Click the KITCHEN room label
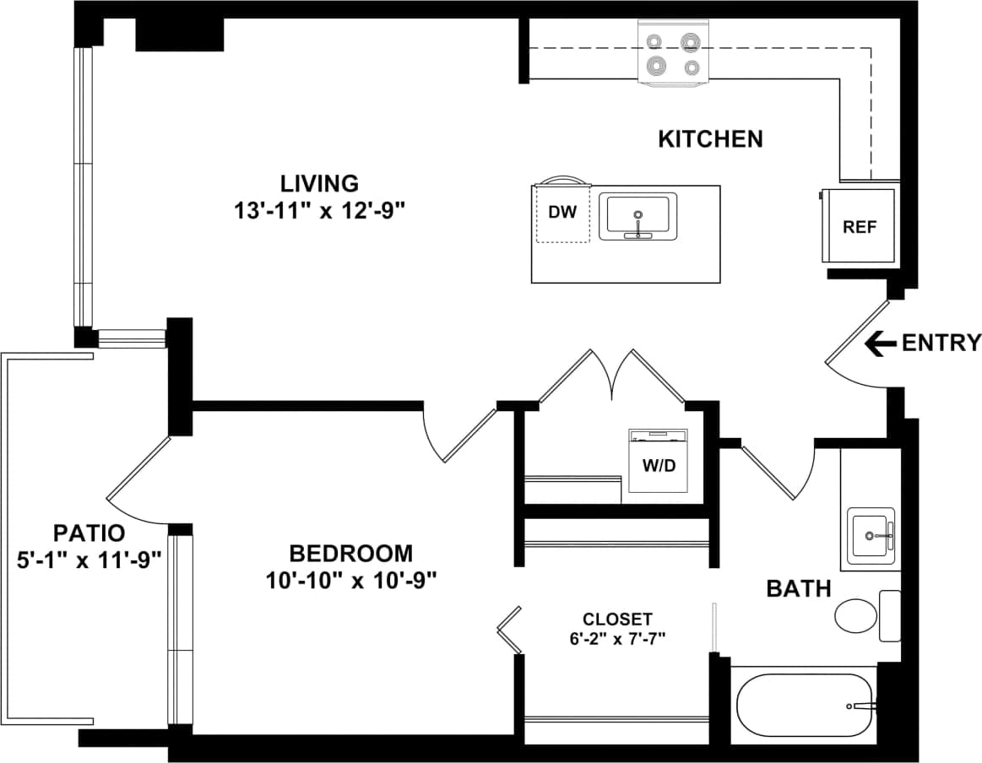(x=710, y=138)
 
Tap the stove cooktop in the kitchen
(x=672, y=54)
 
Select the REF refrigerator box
(x=860, y=226)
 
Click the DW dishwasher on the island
(x=562, y=213)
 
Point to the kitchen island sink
(x=638, y=217)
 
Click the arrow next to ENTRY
(x=881, y=343)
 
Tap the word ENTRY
(x=941, y=343)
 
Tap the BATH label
(x=798, y=588)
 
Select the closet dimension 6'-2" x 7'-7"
(x=617, y=637)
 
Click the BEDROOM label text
(x=350, y=554)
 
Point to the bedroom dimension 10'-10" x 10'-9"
(x=350, y=581)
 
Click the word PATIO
(x=89, y=533)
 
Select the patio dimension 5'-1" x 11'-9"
(x=89, y=560)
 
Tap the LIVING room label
(x=320, y=183)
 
